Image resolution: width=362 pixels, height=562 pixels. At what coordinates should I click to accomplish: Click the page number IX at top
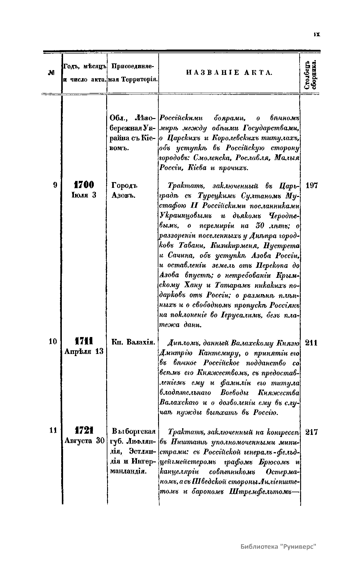[316, 34]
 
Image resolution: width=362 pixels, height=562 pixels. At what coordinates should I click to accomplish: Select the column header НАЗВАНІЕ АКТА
[229, 72]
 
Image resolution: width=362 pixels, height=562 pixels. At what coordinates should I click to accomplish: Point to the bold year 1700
[84, 185]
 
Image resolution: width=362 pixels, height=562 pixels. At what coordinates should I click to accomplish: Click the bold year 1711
[84, 342]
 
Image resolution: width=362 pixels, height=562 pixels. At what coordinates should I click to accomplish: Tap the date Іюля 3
[84, 195]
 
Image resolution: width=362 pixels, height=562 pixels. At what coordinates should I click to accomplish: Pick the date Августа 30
[84, 441]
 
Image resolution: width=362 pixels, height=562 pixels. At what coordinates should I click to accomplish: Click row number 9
[55, 185]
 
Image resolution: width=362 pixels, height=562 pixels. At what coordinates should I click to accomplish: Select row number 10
[53, 342]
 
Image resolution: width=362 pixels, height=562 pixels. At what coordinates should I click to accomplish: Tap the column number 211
[312, 343]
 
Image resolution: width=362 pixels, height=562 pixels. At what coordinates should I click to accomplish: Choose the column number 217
[312, 432]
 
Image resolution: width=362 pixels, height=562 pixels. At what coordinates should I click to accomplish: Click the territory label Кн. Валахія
[133, 342]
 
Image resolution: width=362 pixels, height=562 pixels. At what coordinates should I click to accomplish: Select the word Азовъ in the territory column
[123, 195]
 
